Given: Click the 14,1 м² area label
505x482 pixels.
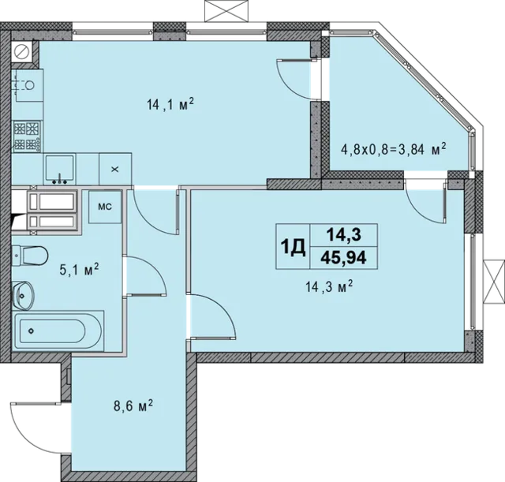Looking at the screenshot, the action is pyautogui.click(x=170, y=104).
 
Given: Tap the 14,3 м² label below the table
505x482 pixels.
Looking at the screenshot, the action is pyautogui.click(x=329, y=286).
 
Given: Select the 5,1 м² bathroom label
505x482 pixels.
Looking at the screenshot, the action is pyautogui.click(x=79, y=270).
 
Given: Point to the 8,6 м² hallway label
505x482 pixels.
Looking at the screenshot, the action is pyautogui.click(x=133, y=405).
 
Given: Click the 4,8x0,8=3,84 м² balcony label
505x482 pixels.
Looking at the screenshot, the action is pyautogui.click(x=393, y=149).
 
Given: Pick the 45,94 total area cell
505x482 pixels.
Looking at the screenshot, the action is pyautogui.click(x=343, y=258).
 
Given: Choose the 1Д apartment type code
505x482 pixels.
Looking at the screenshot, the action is pyautogui.click(x=293, y=247).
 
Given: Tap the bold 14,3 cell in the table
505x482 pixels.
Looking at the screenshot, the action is pyautogui.click(x=343, y=235).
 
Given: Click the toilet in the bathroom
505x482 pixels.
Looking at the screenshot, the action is pyautogui.click(x=30, y=256).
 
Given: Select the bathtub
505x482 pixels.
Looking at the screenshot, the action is pyautogui.click(x=58, y=331).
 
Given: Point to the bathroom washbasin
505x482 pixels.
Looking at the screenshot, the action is pyautogui.click(x=23, y=295).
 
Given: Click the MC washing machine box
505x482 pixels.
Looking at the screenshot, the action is pyautogui.click(x=105, y=207).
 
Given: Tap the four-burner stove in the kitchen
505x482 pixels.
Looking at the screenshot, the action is pyautogui.click(x=27, y=136).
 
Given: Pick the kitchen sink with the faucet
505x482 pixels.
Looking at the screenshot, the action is pyautogui.click(x=60, y=169).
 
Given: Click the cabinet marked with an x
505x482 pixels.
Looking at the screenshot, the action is pyautogui.click(x=115, y=169).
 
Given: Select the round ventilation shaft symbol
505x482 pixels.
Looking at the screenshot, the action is pyautogui.click(x=22, y=51).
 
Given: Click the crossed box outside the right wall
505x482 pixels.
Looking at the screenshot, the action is pyautogui.click(x=494, y=281).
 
